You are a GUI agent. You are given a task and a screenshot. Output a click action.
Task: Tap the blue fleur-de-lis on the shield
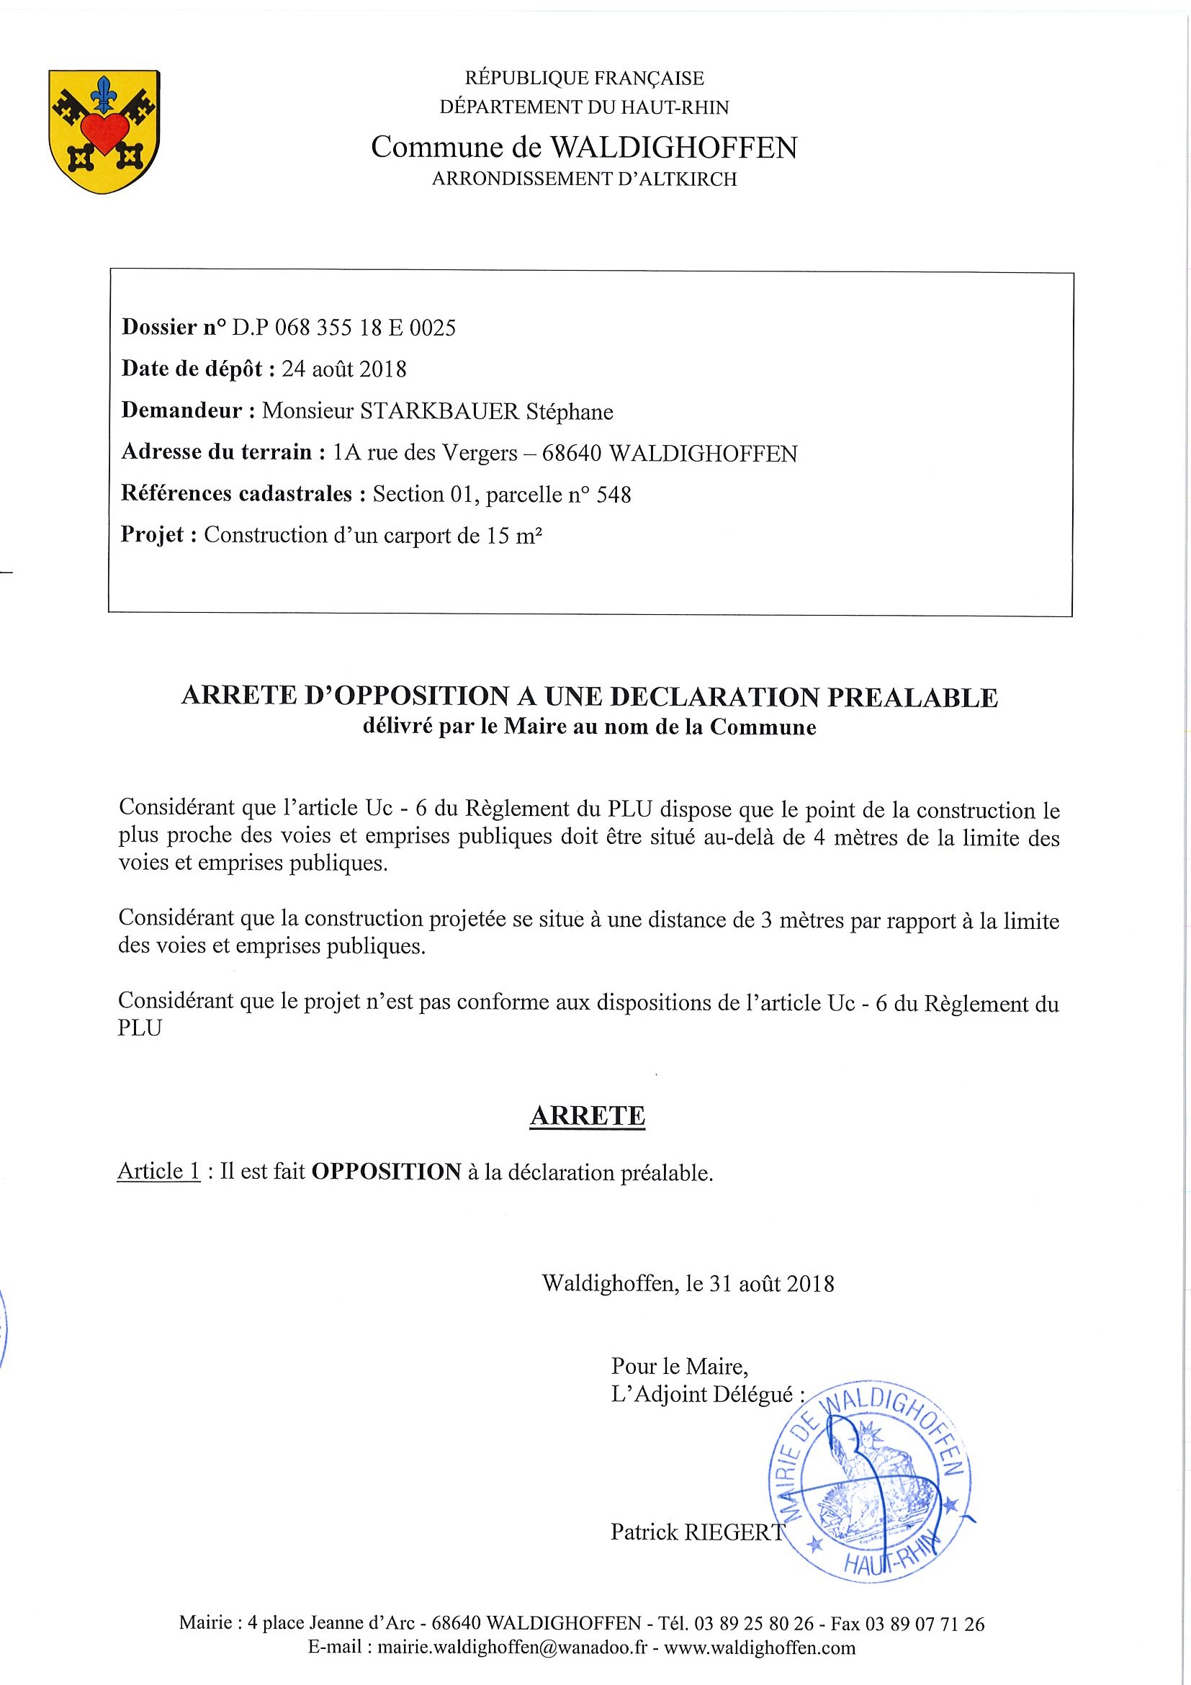point(104,93)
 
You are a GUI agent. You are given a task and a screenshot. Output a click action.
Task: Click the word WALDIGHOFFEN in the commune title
point(673,148)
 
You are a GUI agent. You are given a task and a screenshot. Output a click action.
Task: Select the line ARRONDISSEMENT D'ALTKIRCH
point(584,179)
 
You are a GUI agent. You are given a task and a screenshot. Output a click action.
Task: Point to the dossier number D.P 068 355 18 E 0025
point(343,328)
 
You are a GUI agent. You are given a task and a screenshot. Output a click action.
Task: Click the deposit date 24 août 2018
point(343,369)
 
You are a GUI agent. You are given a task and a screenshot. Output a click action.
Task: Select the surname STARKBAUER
point(439,411)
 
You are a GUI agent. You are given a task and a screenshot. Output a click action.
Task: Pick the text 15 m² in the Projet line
point(513,536)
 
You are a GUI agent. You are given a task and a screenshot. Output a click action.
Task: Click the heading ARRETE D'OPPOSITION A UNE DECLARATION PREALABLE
point(589,696)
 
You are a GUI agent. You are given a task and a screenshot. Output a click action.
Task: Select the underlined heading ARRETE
point(587,1115)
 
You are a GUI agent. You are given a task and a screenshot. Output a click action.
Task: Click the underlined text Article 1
point(158,1171)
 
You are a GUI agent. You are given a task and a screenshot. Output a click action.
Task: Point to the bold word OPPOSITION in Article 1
point(386,1172)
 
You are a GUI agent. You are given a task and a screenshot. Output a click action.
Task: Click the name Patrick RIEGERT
point(697,1532)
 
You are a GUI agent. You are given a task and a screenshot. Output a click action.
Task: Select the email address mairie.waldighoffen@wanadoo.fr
point(512,1648)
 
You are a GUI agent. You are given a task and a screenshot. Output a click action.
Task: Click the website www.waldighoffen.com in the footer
point(759,1648)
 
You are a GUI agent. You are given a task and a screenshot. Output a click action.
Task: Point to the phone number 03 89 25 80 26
point(754,1623)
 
